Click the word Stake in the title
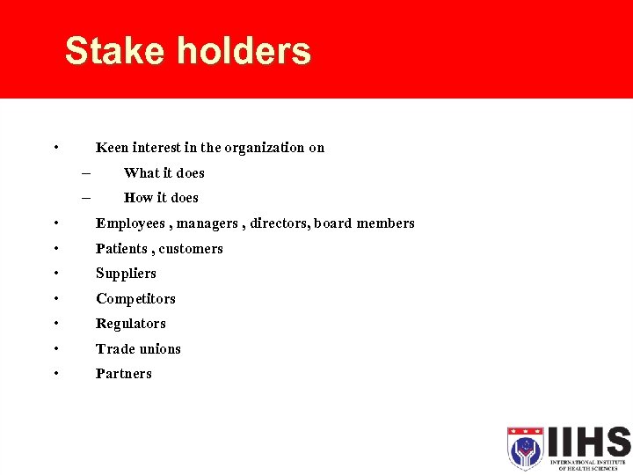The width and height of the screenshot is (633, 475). coord(115,51)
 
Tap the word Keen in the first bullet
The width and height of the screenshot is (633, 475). coord(112,148)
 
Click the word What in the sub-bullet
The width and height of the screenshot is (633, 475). coord(139,173)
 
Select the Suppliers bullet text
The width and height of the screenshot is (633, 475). coord(126,274)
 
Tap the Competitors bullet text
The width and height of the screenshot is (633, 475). coord(135,299)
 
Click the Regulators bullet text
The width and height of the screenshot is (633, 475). coord(131,324)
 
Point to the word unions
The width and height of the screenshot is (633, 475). coord(159,349)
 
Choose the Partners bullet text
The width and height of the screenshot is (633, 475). coord(124,374)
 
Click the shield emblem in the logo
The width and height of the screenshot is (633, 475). coord(525,449)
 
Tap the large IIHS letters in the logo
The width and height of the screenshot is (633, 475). coord(587,442)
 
